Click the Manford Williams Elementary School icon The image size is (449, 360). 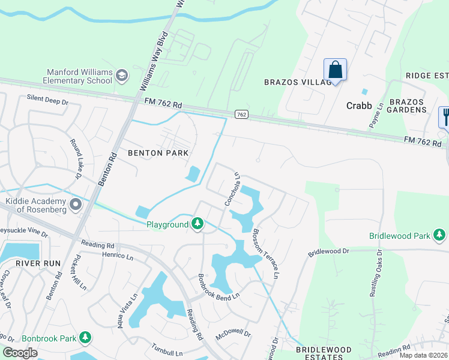(122, 75)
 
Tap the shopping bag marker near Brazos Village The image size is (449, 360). (335, 70)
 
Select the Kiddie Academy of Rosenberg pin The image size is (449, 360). (76, 205)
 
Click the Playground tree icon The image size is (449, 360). (197, 224)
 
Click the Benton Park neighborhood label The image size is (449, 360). (158, 153)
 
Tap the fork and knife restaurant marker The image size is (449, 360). (445, 115)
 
